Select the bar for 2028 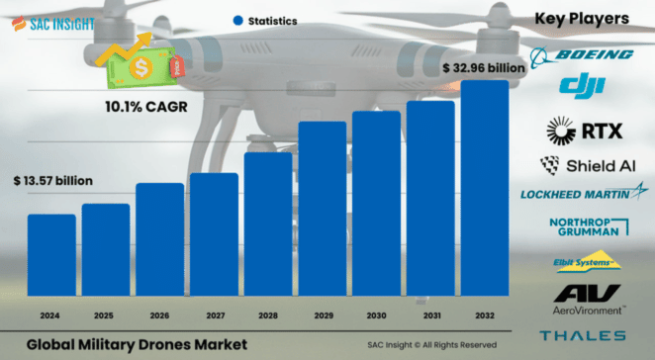[x=268, y=225]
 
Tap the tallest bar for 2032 [x=485, y=188]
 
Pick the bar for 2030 [x=376, y=204]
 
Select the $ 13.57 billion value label [x=53, y=182]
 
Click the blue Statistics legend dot [x=237, y=20]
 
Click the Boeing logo [x=582, y=54]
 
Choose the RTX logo [x=582, y=129]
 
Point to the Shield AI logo [x=582, y=164]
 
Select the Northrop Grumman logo [x=582, y=227]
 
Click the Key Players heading [x=582, y=18]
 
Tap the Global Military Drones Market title [x=137, y=343]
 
